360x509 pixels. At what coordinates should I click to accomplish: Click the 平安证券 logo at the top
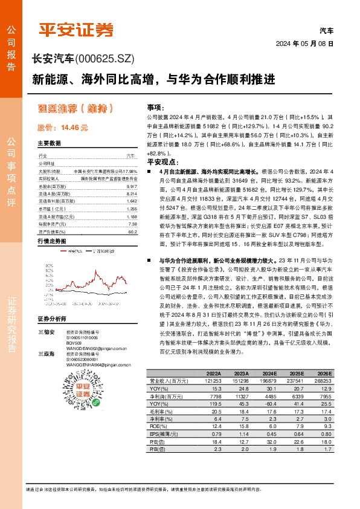[x=76, y=28]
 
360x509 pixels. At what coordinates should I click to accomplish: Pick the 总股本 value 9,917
[x=132, y=187]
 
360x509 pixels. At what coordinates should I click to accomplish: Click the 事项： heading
[x=155, y=106]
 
